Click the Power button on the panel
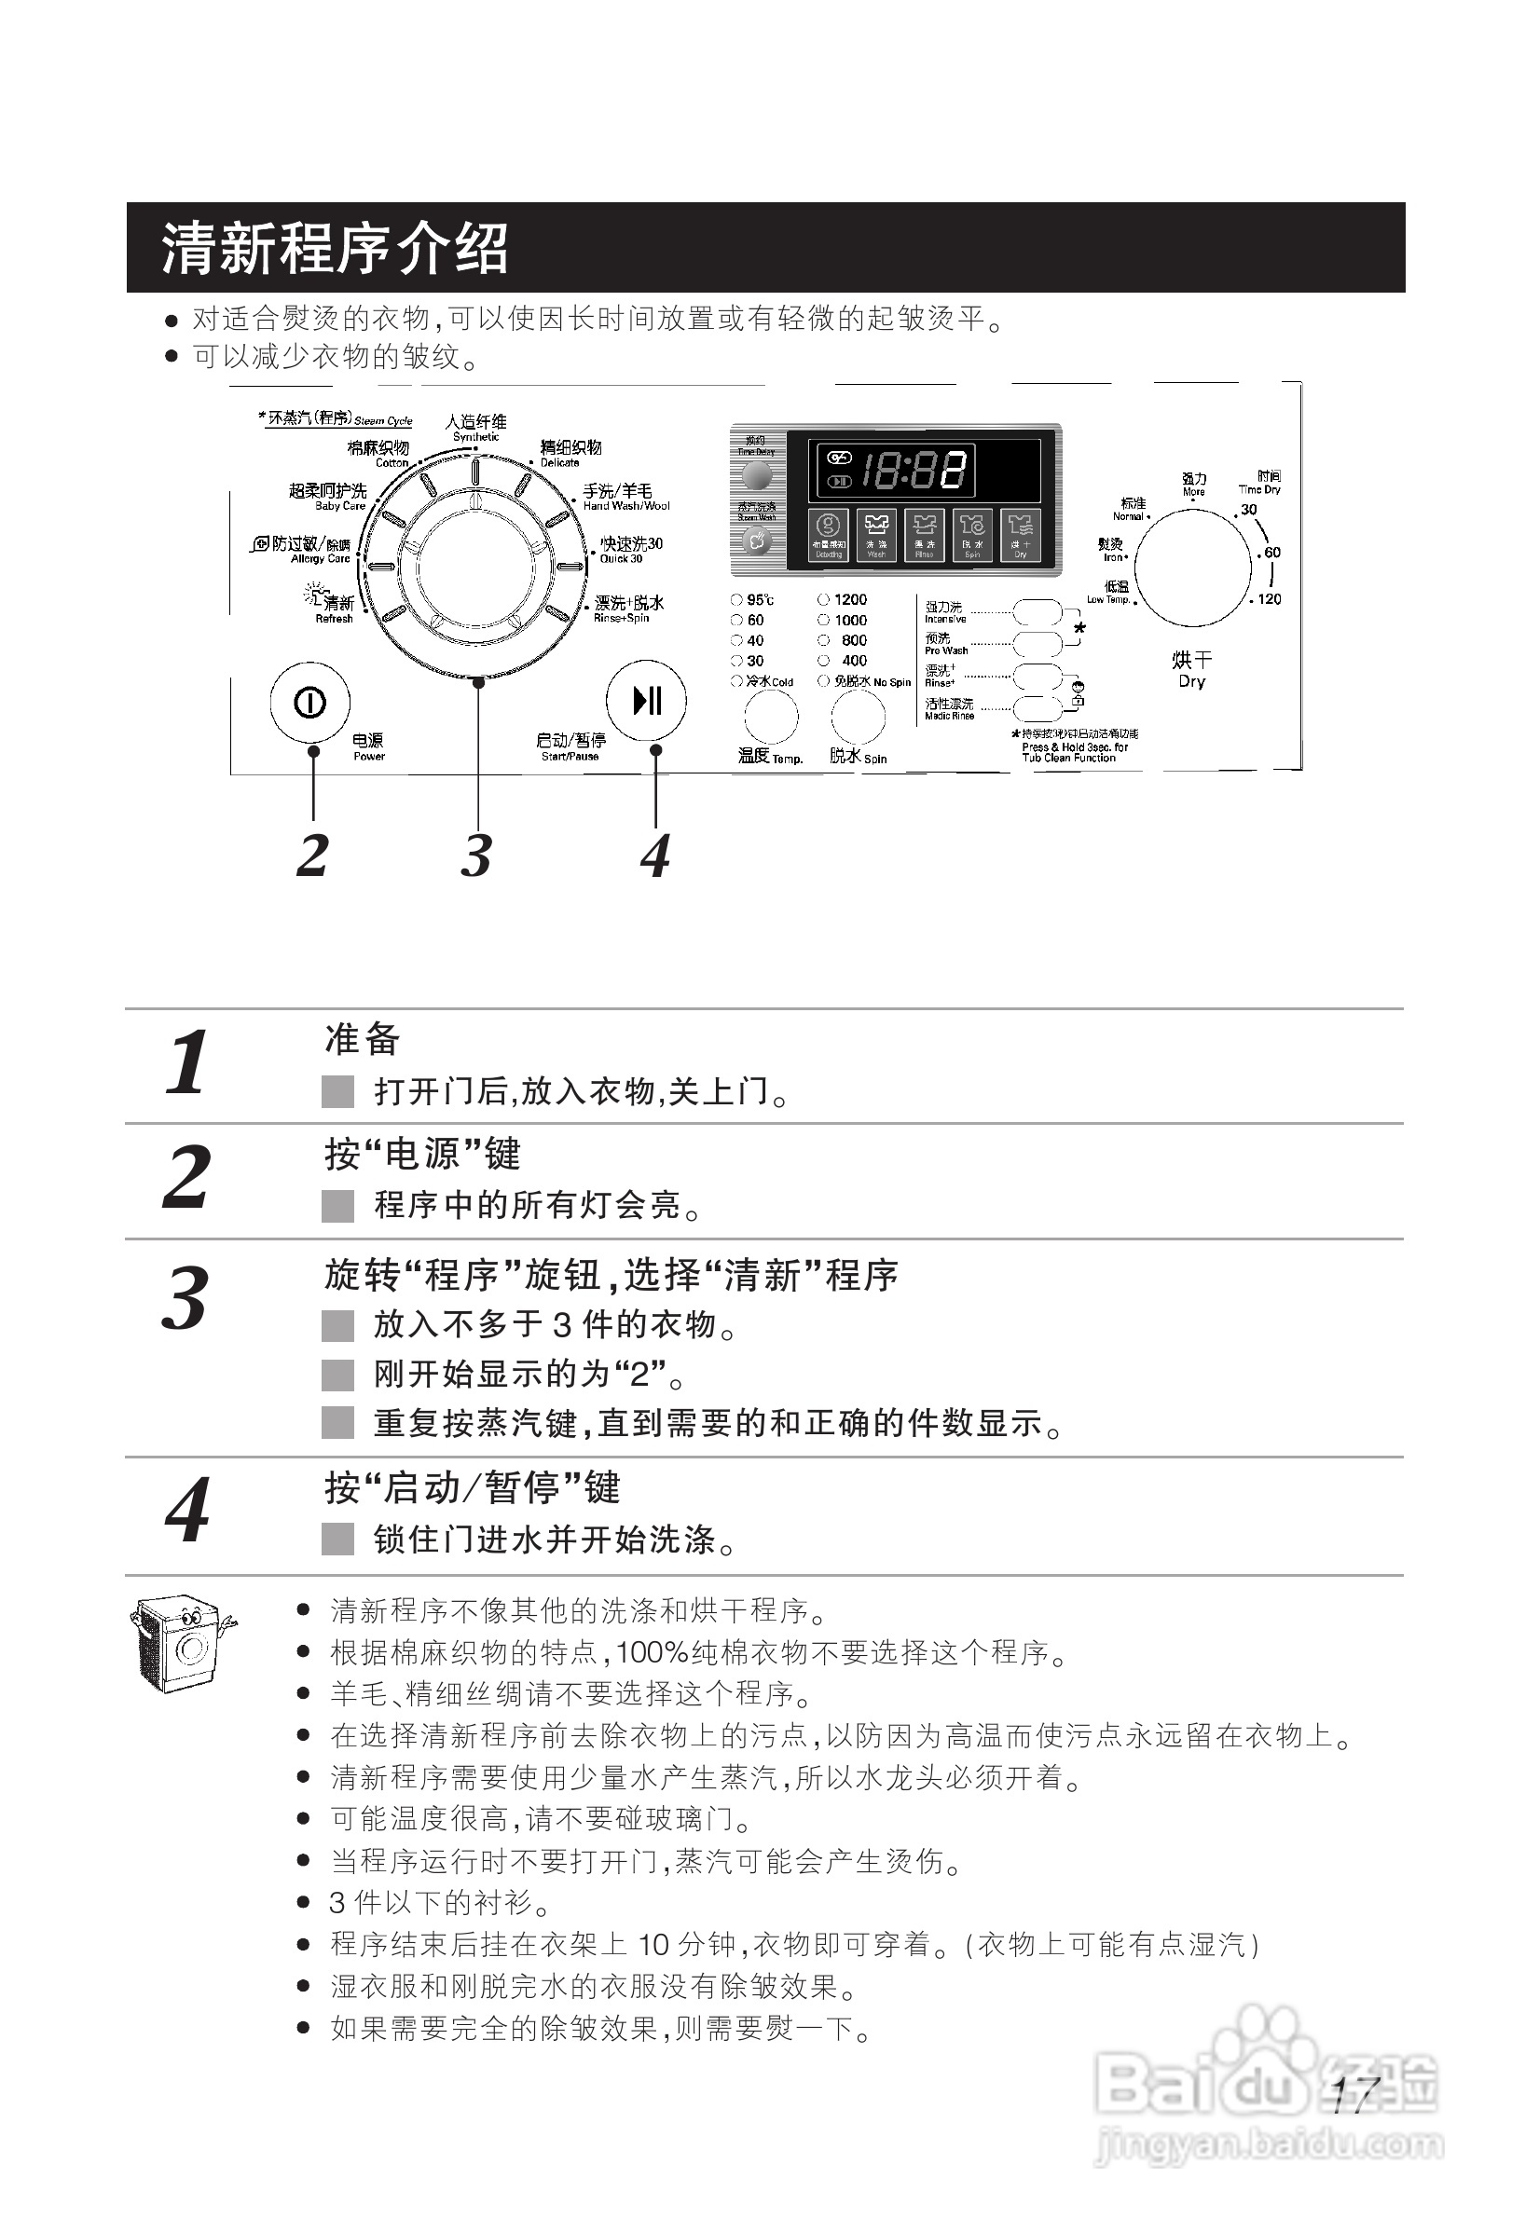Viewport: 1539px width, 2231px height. coord(309,703)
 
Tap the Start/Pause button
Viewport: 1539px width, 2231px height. coord(646,700)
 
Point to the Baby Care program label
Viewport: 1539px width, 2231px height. coord(329,497)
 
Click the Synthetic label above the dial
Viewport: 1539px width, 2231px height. coord(475,427)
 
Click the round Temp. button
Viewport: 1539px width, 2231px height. coord(771,719)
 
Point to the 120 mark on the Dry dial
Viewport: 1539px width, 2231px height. coord(1268,598)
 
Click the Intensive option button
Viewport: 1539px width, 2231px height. coord(1037,612)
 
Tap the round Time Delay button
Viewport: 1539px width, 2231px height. coord(756,474)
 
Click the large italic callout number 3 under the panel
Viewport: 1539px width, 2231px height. coord(475,855)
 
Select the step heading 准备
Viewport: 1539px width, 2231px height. coord(362,1039)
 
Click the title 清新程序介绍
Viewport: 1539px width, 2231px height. coord(335,248)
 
